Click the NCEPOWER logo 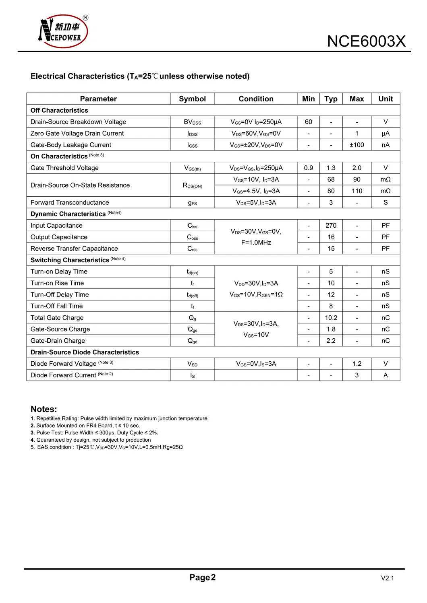click(x=63, y=32)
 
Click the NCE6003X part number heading click(x=366, y=41)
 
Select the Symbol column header click(x=192, y=99)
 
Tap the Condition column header click(x=256, y=99)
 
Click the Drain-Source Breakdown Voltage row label click(x=78, y=122)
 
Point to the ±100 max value click(x=357, y=145)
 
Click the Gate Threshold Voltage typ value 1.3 click(x=331, y=168)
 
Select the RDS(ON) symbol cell click(x=192, y=185)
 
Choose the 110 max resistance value click(x=357, y=191)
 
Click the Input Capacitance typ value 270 click(x=331, y=226)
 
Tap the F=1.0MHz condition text click(x=256, y=243)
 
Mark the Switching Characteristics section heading click(x=70, y=260)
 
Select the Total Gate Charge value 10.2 click(x=331, y=318)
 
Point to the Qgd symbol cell click(x=192, y=341)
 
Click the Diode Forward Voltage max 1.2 click(x=357, y=364)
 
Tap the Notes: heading click(x=44, y=409)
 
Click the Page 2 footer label click(x=202, y=578)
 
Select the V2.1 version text click(x=387, y=578)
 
